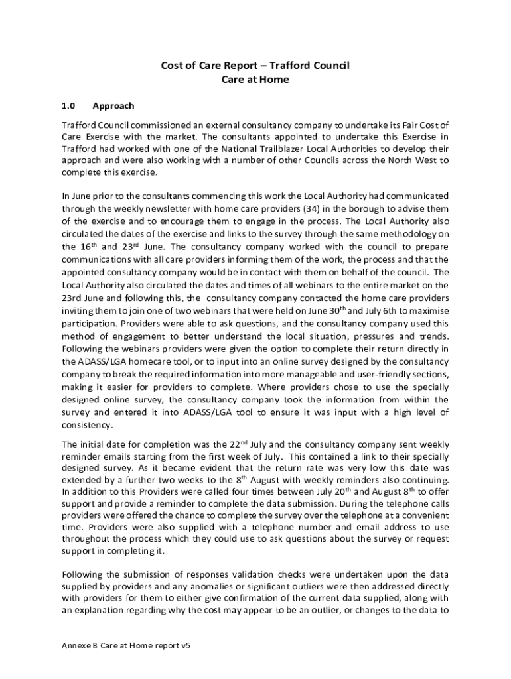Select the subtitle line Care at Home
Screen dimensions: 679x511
click(x=256, y=80)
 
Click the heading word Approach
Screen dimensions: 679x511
click(x=113, y=105)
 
